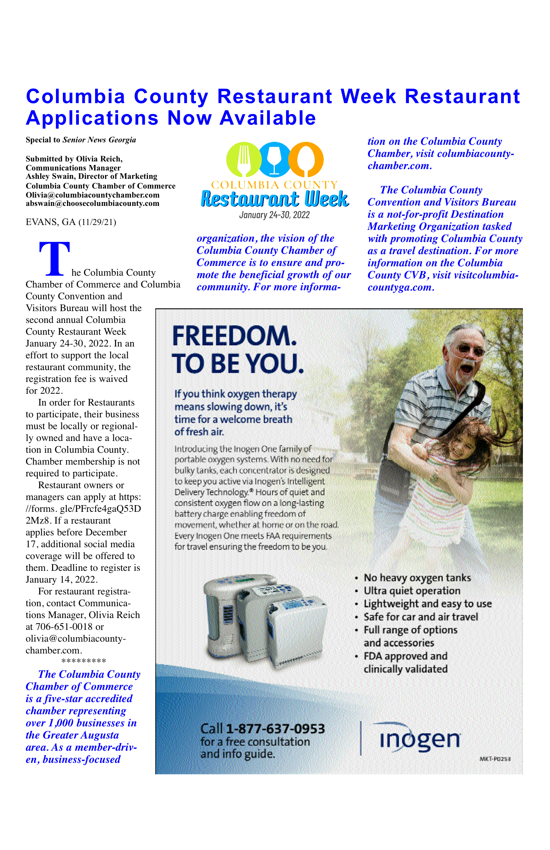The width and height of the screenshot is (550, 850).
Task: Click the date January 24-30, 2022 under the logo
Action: pyautogui.click(x=274, y=215)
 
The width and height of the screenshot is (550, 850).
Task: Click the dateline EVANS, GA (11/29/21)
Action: pyautogui.click(x=71, y=222)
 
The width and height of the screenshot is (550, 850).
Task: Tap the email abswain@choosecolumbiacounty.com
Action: pyautogui.click(x=92, y=203)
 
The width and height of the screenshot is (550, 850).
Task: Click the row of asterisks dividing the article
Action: pyautogui.click(x=84, y=661)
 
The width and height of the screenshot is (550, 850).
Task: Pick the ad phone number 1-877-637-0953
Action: pyautogui.click(x=275, y=728)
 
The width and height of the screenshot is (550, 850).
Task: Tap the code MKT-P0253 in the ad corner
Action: pyautogui.click(x=495, y=759)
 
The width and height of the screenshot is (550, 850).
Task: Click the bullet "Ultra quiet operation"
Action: pyautogui.click(x=412, y=591)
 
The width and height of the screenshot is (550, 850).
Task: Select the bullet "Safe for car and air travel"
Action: pyautogui.click(x=420, y=617)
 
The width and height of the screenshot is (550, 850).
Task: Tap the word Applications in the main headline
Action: pyautogui.click(x=92, y=118)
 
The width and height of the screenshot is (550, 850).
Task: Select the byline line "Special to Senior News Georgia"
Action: pyautogui.click(x=81, y=140)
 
